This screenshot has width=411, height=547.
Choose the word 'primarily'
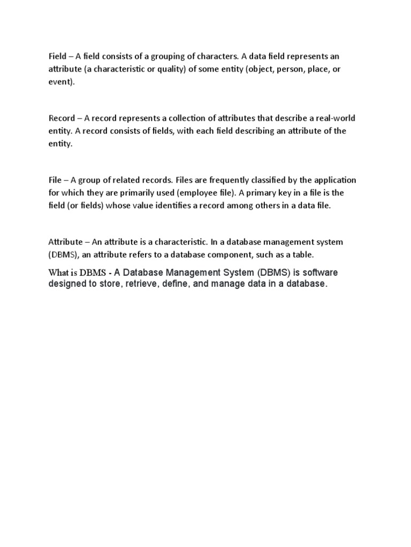coord(150,193)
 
